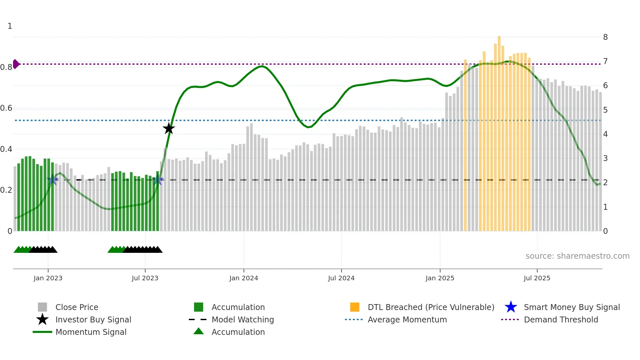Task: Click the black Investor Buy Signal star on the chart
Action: pyautogui.click(x=169, y=128)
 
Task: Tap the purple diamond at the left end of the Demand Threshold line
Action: pyautogui.click(x=16, y=64)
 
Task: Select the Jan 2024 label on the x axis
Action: pyautogui.click(x=244, y=278)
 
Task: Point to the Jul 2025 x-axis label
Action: pyautogui.click(x=537, y=278)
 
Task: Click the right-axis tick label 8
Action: pyautogui.click(x=605, y=37)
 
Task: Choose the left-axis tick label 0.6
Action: pyautogui.click(x=6, y=108)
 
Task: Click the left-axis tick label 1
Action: pyautogui.click(x=10, y=26)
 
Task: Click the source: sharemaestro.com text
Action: pyautogui.click(x=577, y=256)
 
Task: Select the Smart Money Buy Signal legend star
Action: pyautogui.click(x=511, y=307)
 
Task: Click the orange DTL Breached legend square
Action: pyautogui.click(x=355, y=307)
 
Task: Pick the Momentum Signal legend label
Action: pyautogui.click(x=91, y=332)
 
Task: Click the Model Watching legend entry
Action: pyautogui.click(x=243, y=319)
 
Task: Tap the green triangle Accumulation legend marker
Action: pyautogui.click(x=199, y=331)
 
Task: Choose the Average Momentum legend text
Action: pyautogui.click(x=407, y=319)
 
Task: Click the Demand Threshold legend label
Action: pyautogui.click(x=561, y=319)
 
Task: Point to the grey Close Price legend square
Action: pyautogui.click(x=42, y=307)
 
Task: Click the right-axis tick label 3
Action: pyautogui.click(x=605, y=158)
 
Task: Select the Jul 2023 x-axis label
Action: pyautogui.click(x=145, y=278)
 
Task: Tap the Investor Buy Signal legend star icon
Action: pyautogui.click(x=42, y=319)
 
